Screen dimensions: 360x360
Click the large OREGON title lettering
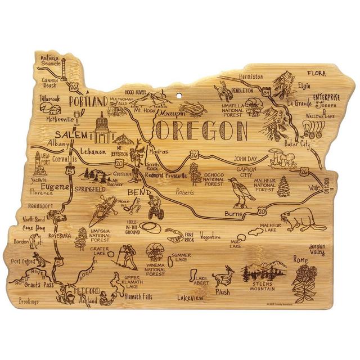(201, 130)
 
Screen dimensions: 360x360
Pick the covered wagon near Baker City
(316, 129)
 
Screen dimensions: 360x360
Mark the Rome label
(300, 260)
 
